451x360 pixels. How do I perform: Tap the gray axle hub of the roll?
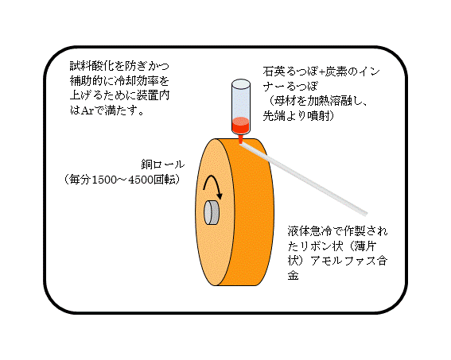tap(212, 213)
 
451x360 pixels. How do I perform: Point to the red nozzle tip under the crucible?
tap(241, 139)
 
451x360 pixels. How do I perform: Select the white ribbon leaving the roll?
tap(304, 180)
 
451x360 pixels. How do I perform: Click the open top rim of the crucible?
tap(241, 83)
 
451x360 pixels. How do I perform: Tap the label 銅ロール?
tap(163, 165)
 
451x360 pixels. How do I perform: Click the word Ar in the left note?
tap(87, 111)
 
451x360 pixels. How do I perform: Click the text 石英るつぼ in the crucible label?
tap(290, 72)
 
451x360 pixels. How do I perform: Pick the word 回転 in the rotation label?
tap(165, 180)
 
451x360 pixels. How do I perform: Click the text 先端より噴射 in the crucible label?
tap(296, 116)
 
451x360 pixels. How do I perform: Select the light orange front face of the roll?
tap(213, 247)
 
